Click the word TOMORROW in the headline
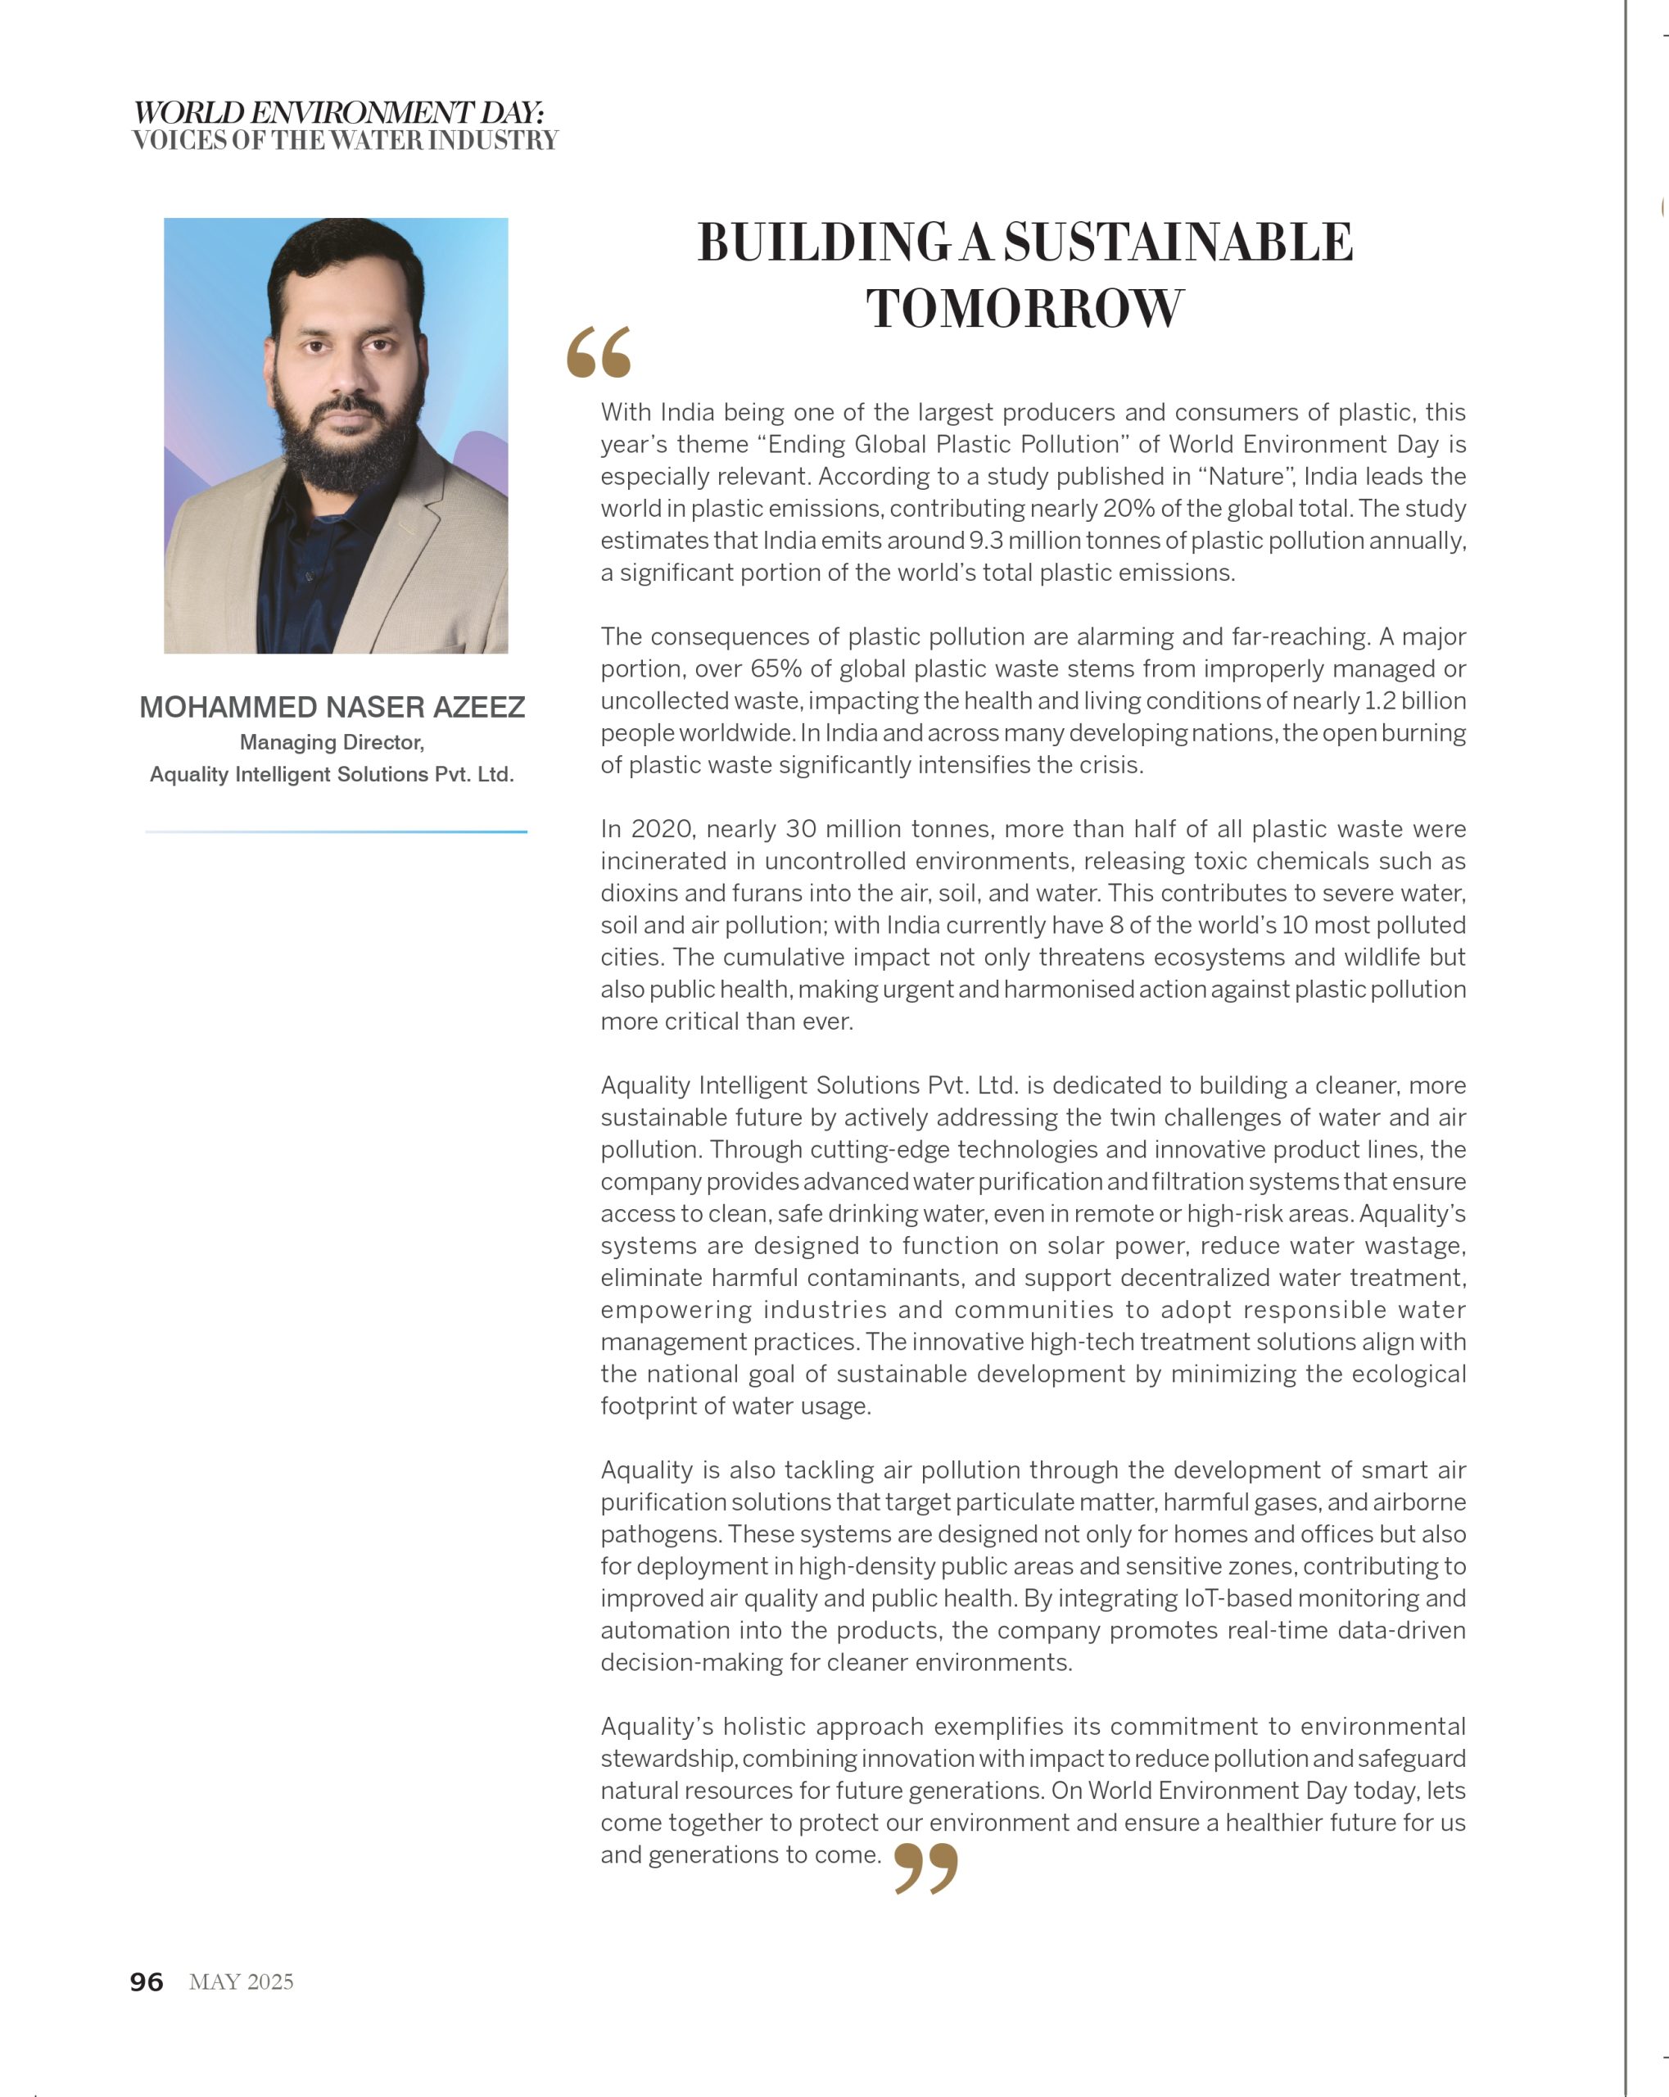tap(1025, 310)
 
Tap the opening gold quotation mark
tap(598, 352)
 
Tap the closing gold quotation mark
tap(925, 1868)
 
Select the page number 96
tap(147, 1982)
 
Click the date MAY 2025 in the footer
tap(242, 1982)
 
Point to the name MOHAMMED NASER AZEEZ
tap(332, 707)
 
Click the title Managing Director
tap(332, 742)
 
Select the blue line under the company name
tap(336, 831)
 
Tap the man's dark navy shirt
tap(301, 574)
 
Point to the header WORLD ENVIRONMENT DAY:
tap(338, 112)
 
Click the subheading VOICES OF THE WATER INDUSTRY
tap(346, 141)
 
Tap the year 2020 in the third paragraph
tap(660, 829)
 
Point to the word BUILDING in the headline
tap(824, 242)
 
